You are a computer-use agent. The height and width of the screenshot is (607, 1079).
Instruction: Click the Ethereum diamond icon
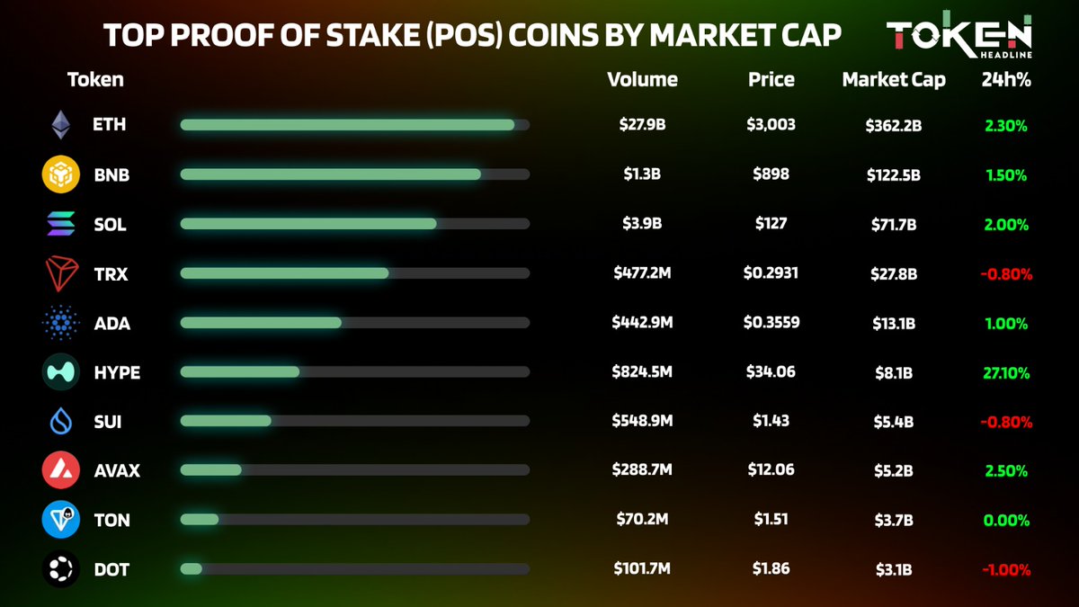[x=61, y=125]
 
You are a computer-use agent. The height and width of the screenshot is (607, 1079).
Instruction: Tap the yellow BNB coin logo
[x=60, y=174]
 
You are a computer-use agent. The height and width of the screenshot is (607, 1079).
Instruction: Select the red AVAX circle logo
[x=60, y=470]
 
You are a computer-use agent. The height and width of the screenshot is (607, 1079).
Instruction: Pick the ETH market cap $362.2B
[x=893, y=125]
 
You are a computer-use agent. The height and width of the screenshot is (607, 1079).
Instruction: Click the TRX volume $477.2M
[x=642, y=272]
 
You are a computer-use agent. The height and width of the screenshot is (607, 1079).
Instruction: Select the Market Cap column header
[x=893, y=79]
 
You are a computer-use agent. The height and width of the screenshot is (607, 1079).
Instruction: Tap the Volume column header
[x=642, y=79]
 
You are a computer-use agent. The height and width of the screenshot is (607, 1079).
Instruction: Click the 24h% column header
[x=1005, y=79]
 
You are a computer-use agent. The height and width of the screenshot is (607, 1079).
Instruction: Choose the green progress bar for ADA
[x=261, y=322]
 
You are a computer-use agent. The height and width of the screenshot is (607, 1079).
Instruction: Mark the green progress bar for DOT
[x=191, y=569]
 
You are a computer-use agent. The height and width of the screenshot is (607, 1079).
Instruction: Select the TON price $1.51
[x=771, y=520]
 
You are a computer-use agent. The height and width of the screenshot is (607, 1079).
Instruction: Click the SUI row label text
[x=107, y=421]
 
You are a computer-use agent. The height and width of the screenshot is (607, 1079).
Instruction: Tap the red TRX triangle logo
[x=60, y=273]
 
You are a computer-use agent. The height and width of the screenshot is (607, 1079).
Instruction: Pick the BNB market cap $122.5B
[x=893, y=174]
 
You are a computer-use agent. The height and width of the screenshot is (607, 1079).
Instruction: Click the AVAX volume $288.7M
[x=642, y=470]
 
